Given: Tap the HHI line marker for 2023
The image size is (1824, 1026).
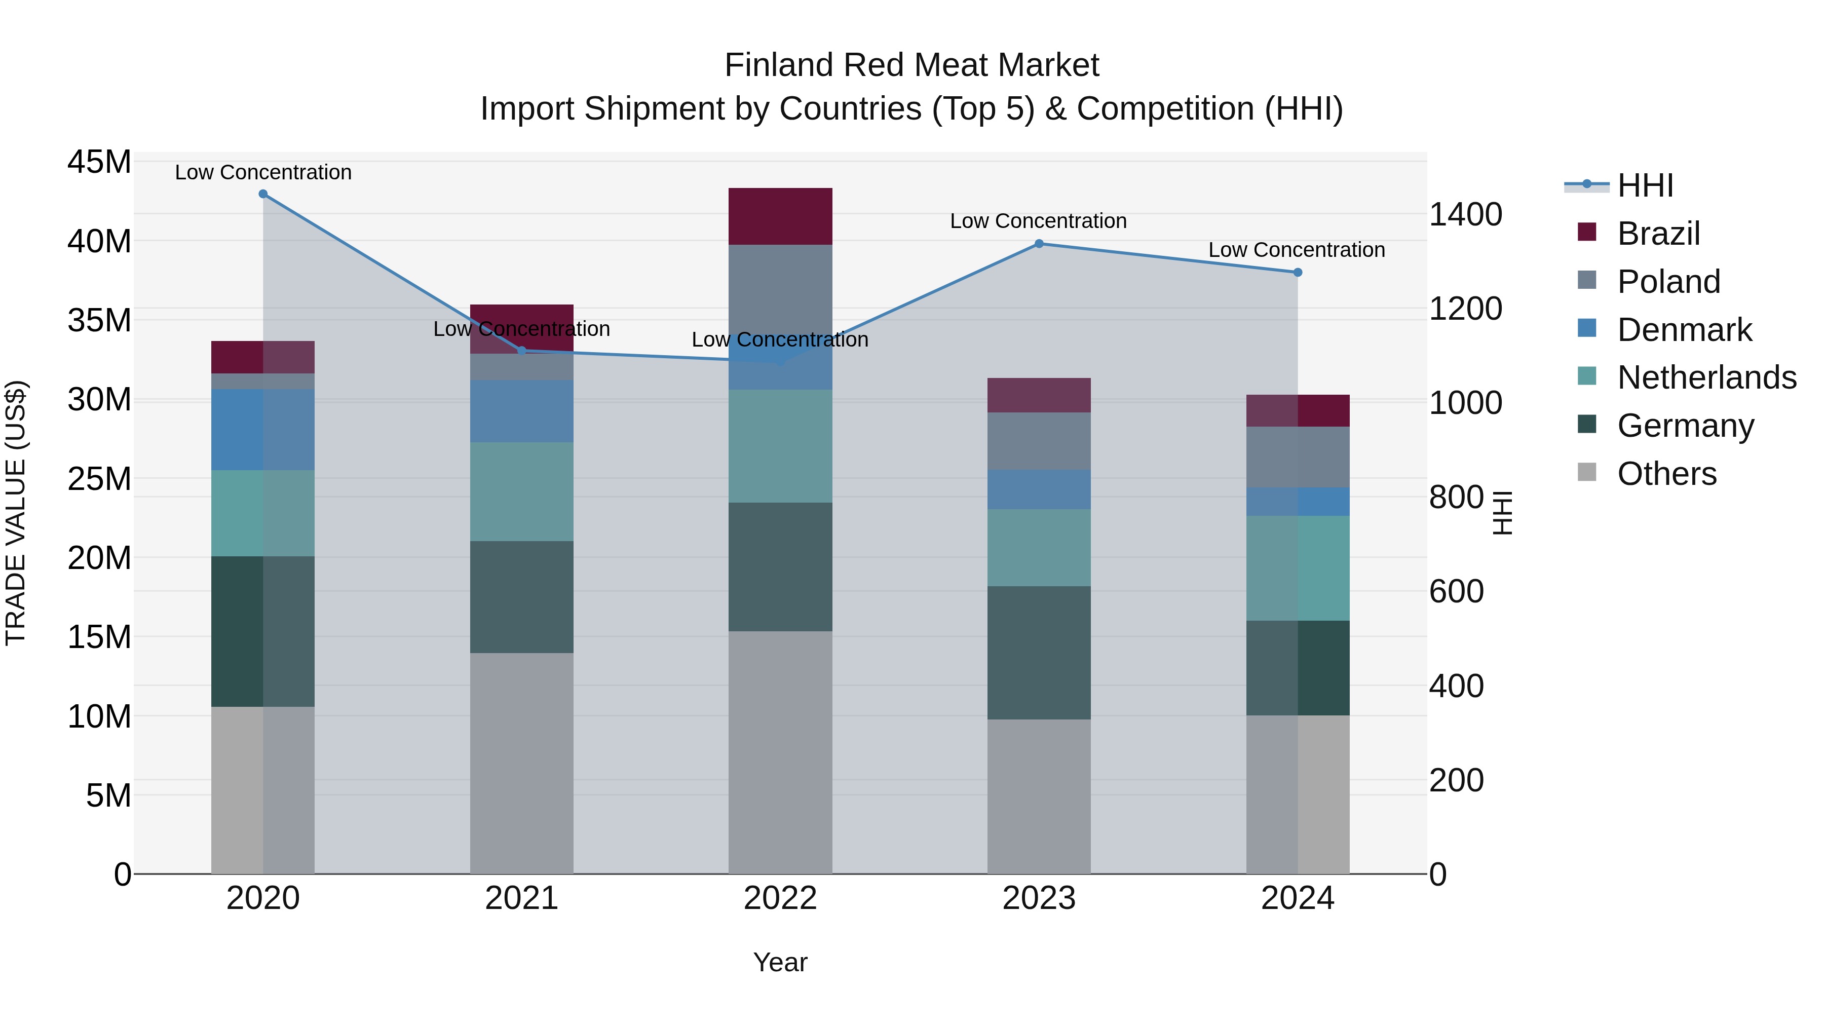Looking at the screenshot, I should click(1039, 244).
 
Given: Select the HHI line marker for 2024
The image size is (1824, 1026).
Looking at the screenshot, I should click(1297, 272).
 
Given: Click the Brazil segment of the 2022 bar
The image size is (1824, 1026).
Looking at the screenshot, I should click(780, 216).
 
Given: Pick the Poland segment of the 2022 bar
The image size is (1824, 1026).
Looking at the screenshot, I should click(780, 290).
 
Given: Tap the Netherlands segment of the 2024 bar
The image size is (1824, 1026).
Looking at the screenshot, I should click(1297, 568).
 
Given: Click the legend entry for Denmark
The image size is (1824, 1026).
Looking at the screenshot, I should click(1684, 330).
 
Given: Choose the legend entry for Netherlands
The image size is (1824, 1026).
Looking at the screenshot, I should click(1706, 377).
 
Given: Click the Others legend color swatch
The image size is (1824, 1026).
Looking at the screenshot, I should click(1587, 472).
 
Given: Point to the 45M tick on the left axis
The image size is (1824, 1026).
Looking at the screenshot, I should click(99, 162).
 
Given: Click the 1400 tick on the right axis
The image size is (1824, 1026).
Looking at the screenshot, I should click(1465, 214).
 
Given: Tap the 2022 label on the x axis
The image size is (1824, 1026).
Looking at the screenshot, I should click(780, 898).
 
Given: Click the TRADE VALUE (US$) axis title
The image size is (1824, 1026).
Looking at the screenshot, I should click(16, 513).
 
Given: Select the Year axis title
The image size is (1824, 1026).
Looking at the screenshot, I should click(780, 962).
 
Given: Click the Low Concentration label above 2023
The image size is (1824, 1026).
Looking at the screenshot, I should click(1038, 221).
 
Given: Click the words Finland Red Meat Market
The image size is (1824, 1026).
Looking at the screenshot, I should click(911, 65).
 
